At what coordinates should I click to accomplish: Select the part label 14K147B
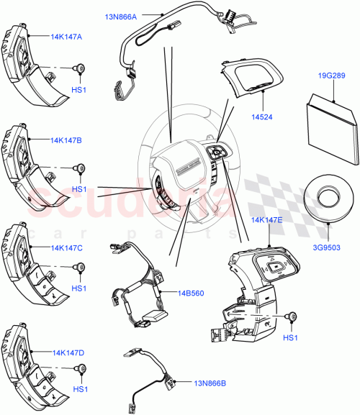[x=66, y=141]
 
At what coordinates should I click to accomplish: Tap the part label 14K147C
[x=66, y=247]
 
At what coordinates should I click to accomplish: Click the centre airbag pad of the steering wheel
[x=181, y=169]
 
